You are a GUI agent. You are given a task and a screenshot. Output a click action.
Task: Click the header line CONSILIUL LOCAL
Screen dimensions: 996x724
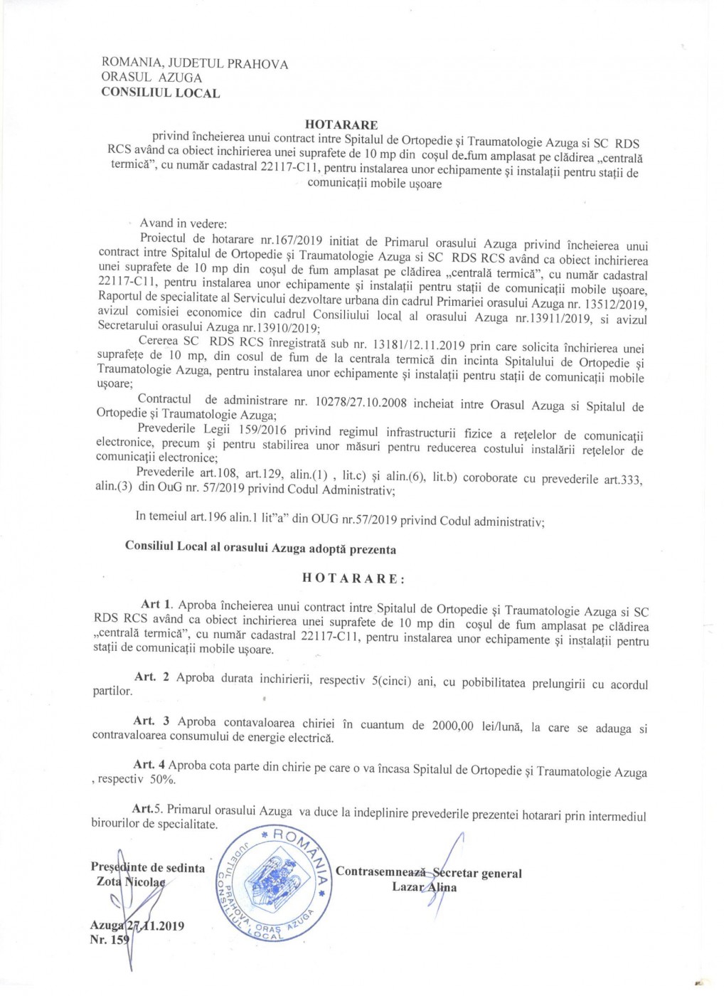tap(161, 92)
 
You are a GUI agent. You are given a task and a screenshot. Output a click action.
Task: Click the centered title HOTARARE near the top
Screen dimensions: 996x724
tap(341, 125)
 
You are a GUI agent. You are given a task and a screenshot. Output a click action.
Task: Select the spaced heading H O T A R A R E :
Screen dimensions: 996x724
tap(353, 578)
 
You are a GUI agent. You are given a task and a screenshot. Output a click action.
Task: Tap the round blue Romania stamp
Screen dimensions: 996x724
tap(274, 884)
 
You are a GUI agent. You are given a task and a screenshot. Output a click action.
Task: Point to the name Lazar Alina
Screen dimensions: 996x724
tap(425, 887)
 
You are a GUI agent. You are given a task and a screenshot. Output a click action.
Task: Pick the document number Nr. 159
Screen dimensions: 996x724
tap(110, 940)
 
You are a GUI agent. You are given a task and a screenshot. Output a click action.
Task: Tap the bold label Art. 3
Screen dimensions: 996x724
tap(151, 721)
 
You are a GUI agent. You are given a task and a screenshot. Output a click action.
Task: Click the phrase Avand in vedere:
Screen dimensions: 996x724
tap(183, 223)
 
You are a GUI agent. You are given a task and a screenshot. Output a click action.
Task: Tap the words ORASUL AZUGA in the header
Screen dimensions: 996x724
tap(151, 78)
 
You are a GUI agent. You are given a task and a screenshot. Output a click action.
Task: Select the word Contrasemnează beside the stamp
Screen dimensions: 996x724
tap(380, 871)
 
